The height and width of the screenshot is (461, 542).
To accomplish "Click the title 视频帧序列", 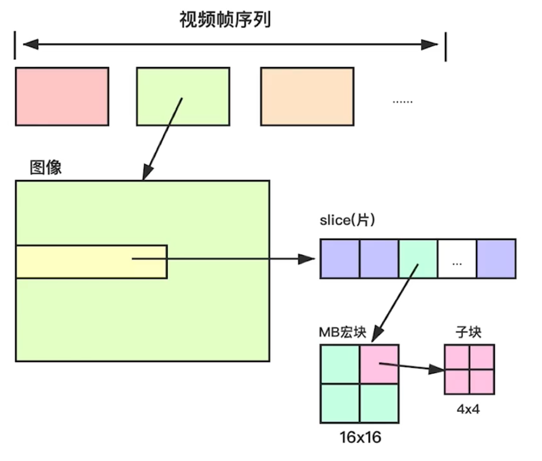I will [x=224, y=20].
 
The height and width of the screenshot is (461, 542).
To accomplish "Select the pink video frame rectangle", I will [x=62, y=97].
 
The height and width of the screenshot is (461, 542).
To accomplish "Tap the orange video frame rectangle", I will [x=307, y=97].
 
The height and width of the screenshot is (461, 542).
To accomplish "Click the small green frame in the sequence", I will [x=183, y=97].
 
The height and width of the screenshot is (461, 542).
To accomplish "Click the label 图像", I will [x=46, y=168].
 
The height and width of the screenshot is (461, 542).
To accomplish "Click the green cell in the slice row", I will [x=418, y=259].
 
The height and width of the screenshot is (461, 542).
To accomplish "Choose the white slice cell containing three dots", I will [x=457, y=259].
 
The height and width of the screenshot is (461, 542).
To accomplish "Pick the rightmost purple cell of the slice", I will [x=496, y=259].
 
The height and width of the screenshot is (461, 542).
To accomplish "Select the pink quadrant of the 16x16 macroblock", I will [x=379, y=364].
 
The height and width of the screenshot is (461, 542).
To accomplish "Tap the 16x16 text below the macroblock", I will [x=360, y=437].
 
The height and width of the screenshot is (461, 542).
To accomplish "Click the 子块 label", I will [x=469, y=332].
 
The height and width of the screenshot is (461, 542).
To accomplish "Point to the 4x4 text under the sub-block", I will [x=468, y=409].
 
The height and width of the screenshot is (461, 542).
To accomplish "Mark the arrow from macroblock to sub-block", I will [x=411, y=367].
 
